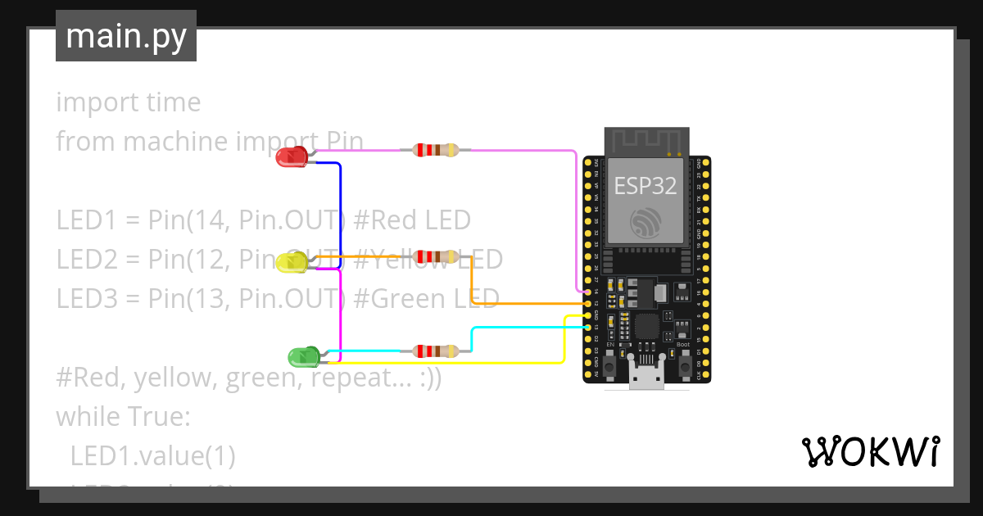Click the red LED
click(292, 156)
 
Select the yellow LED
click(292, 263)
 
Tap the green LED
click(303, 357)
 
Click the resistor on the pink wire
click(435, 150)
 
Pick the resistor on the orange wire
click(435, 257)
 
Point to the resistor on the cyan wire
click(435, 351)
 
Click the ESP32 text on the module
click(646, 186)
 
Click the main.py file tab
click(125, 36)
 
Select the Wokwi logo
click(869, 452)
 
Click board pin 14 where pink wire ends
click(588, 292)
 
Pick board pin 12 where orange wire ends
click(588, 303)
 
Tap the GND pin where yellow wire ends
click(588, 315)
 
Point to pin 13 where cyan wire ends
click(588, 327)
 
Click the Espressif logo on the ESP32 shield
click(646, 222)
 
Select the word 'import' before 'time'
click(89, 102)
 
